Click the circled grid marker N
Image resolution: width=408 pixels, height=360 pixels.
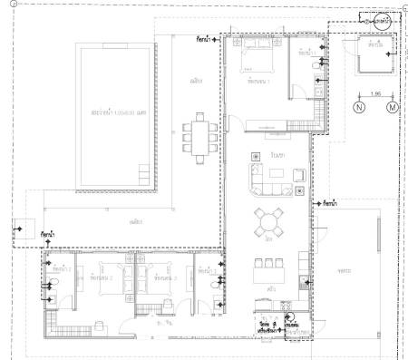(x=358, y=107)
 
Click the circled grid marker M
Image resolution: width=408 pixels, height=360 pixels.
(x=393, y=107)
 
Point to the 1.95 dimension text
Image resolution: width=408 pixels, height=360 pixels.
(x=375, y=94)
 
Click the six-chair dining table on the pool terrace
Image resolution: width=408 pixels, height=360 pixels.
(x=198, y=136)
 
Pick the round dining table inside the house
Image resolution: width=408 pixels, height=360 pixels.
(x=269, y=220)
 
